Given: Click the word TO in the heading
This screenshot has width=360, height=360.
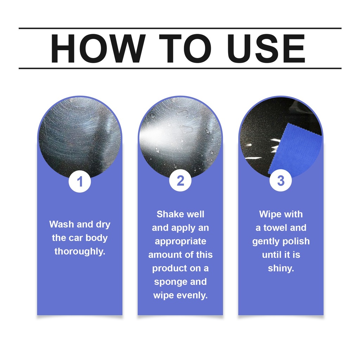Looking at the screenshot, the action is click(185, 49).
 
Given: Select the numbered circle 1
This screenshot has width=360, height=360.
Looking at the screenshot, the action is click(80, 181).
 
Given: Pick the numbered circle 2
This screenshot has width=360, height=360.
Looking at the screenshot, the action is click(180, 180).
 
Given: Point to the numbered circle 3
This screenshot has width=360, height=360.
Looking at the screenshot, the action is click(281, 180).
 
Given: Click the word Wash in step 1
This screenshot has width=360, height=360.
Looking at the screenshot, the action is click(62, 224).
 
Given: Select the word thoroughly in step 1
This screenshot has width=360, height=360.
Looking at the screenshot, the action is click(80, 252).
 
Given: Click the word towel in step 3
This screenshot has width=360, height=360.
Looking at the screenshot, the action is click(275, 228).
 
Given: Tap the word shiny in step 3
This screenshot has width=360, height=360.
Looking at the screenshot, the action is click(281, 268).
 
